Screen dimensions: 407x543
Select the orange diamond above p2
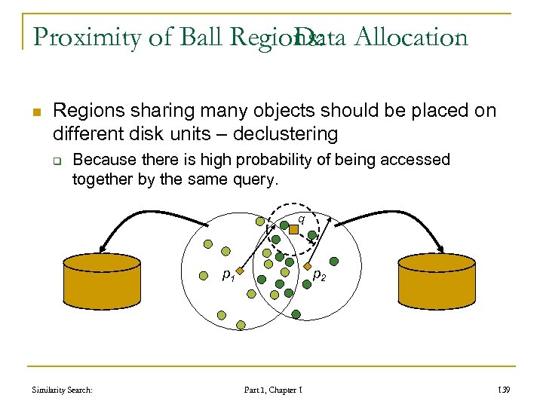(x=307, y=265)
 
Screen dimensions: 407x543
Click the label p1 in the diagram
(x=228, y=276)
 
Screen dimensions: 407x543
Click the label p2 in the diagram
(x=319, y=276)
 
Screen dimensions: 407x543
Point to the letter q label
(x=301, y=219)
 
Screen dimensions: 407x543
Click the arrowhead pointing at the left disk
(x=103, y=245)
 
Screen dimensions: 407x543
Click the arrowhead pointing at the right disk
(x=439, y=244)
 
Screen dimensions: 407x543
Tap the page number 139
(x=505, y=390)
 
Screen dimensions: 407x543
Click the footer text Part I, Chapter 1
(x=273, y=390)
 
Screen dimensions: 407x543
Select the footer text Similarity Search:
(x=63, y=390)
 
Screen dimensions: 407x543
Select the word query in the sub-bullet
(x=257, y=180)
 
